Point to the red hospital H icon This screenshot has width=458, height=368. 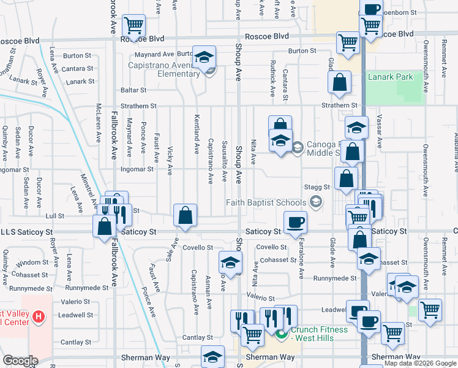click(x=38, y=317)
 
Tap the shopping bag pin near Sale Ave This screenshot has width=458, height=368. click(x=185, y=215)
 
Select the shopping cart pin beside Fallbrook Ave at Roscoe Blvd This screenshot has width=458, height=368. click(x=133, y=25)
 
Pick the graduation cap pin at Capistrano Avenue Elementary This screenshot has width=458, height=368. click(x=205, y=57)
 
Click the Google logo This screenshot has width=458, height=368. click(x=20, y=361)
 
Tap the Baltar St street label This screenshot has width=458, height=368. click(x=134, y=90)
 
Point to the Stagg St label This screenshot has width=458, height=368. click(x=317, y=186)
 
